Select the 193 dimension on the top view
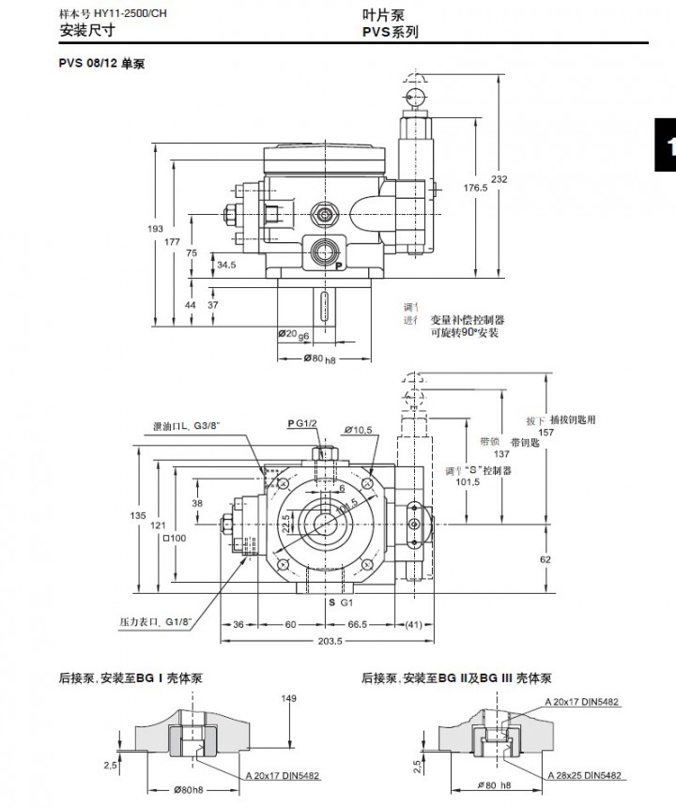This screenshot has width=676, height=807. [x=157, y=229]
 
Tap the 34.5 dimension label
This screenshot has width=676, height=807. [x=225, y=265]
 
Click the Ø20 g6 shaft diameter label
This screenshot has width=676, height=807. [x=294, y=334]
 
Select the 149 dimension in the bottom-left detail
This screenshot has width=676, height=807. [x=289, y=698]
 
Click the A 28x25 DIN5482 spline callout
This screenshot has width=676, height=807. [x=585, y=775]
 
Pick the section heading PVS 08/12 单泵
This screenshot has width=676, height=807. [x=101, y=64]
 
